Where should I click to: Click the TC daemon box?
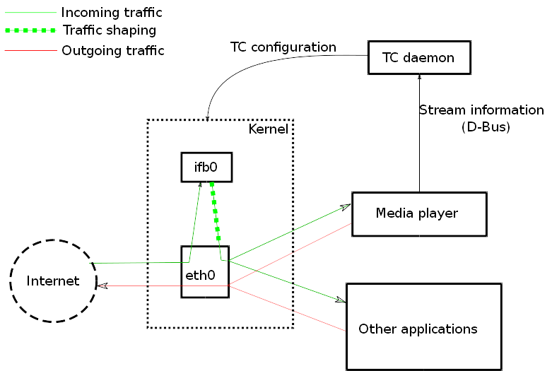(x=419, y=57)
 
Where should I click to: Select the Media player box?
(x=419, y=213)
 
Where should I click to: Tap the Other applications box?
(x=423, y=326)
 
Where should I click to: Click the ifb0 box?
(x=206, y=167)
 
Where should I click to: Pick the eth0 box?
(x=205, y=272)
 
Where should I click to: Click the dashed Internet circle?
(x=53, y=280)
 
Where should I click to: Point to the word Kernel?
(x=268, y=129)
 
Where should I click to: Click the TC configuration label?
(x=283, y=47)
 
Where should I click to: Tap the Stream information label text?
(x=481, y=110)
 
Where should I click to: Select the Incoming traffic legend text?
(x=112, y=13)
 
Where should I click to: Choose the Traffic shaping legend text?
(x=109, y=30)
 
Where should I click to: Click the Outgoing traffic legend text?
(x=113, y=51)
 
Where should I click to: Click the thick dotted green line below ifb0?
(x=215, y=212)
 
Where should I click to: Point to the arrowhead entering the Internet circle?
(x=101, y=285)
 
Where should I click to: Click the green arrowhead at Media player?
(x=346, y=206)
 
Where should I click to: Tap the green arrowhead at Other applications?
(x=340, y=300)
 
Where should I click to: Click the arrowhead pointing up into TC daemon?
(x=420, y=76)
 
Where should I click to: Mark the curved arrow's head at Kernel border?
(x=207, y=117)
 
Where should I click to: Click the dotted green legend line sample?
(x=30, y=31)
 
